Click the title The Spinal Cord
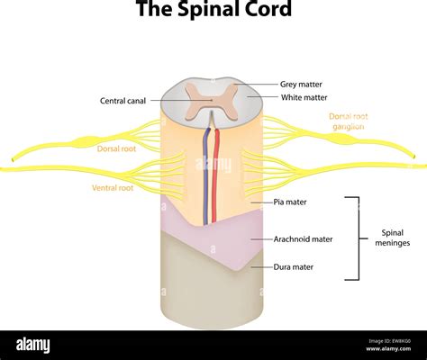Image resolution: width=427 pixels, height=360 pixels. (x=213, y=11)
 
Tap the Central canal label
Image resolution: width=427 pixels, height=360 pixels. (x=124, y=101)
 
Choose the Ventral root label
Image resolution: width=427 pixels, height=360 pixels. (x=114, y=188)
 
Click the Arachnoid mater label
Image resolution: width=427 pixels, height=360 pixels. (x=303, y=239)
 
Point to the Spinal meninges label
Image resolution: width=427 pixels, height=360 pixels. (x=393, y=237)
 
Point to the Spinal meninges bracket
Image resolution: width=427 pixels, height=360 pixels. (x=358, y=238)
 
